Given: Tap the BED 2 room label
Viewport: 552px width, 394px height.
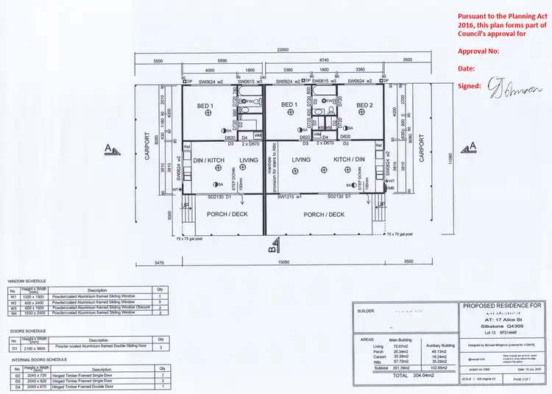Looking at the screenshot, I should (364, 106).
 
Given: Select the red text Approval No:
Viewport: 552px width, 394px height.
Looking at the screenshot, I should (478, 51).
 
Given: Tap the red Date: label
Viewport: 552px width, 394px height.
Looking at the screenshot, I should (466, 68).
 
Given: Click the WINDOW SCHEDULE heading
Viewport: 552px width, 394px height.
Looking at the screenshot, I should (26, 281).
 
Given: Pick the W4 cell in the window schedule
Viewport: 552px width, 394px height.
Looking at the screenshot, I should (12, 312).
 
